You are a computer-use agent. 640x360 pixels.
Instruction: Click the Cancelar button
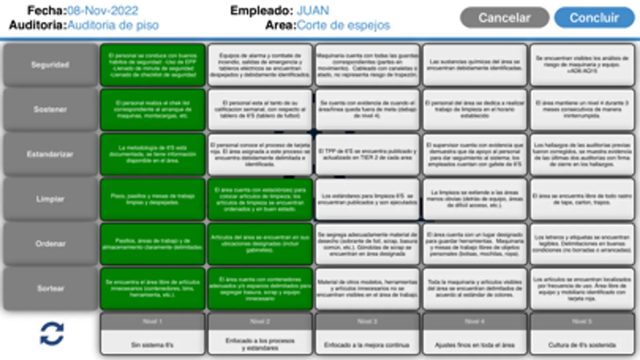(504, 18)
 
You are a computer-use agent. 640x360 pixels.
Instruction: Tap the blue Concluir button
(594, 18)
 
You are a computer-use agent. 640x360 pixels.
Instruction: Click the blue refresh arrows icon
(52, 334)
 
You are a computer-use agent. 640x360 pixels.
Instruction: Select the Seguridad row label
(50, 65)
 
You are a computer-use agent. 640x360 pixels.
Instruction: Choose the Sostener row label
(50, 109)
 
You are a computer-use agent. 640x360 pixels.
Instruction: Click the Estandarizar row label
(50, 154)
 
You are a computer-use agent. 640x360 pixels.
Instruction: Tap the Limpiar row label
(50, 199)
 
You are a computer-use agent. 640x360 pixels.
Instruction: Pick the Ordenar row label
(50, 244)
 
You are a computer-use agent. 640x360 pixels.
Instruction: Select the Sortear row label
(50, 288)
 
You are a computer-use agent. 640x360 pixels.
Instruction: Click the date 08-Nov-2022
(102, 10)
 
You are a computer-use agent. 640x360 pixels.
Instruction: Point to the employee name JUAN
(313, 10)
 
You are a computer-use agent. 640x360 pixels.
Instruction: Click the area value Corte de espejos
(343, 25)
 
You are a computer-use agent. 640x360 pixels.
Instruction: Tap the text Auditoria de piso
(113, 25)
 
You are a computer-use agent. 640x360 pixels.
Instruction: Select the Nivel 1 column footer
(152, 334)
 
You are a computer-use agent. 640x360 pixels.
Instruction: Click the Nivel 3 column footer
(367, 334)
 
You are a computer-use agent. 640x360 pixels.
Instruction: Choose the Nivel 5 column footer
(582, 334)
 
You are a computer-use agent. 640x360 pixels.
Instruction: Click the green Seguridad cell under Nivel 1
(152, 65)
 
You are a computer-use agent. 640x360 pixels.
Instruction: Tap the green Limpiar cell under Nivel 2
(260, 199)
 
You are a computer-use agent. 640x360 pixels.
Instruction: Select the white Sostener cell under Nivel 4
(475, 109)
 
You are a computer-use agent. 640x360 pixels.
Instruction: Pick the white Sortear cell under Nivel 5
(582, 288)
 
